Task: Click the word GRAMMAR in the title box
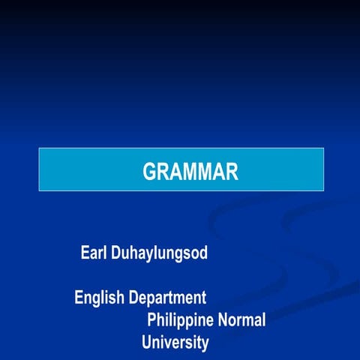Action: [190, 172]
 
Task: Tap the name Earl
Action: [93, 253]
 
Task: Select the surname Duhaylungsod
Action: [159, 253]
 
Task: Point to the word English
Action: [99, 298]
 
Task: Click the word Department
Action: [167, 298]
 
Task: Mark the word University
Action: [175, 343]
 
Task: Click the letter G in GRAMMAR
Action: [149, 172]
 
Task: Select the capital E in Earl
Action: [85, 253]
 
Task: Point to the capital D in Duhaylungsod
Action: [116, 253]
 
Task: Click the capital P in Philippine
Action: [152, 320]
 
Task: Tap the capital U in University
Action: [147, 343]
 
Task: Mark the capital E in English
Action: [79, 298]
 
